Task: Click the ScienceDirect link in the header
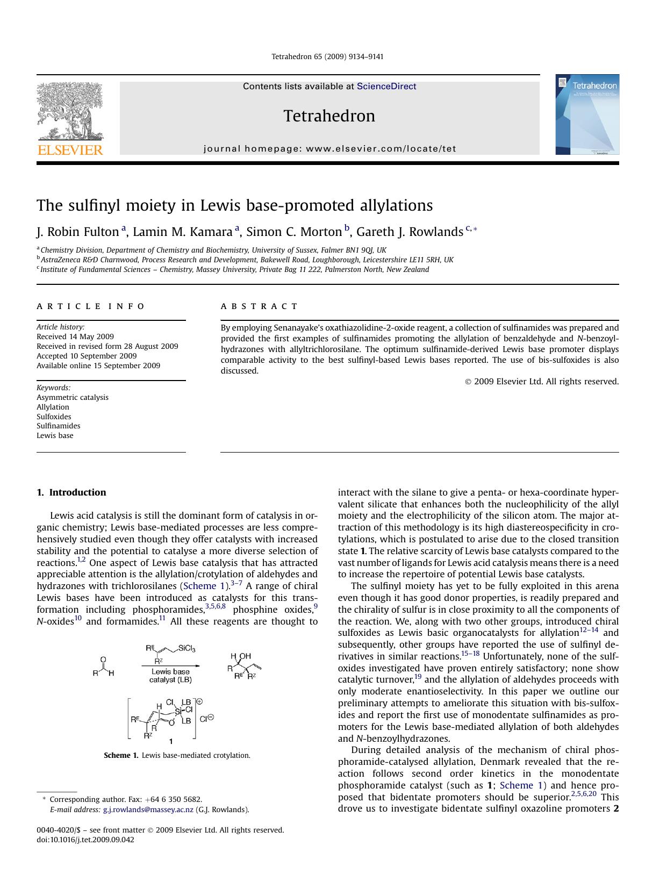point(386,87)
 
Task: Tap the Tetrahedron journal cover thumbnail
point(587,114)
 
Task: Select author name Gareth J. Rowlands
point(410,232)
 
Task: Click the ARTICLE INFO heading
point(90,306)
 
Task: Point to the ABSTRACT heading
point(259,306)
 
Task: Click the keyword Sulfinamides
point(58,426)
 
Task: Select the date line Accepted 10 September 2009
point(87,356)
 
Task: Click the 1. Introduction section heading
point(71,492)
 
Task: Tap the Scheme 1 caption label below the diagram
point(121,755)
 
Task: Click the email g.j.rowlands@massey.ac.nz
point(148,809)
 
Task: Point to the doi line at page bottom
point(85,840)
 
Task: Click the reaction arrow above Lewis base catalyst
point(170,665)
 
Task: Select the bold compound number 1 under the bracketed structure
point(171,742)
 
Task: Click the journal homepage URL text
point(381,149)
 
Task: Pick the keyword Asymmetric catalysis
point(72,398)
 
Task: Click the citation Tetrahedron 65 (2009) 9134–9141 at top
point(327,56)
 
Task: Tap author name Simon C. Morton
point(294,232)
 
